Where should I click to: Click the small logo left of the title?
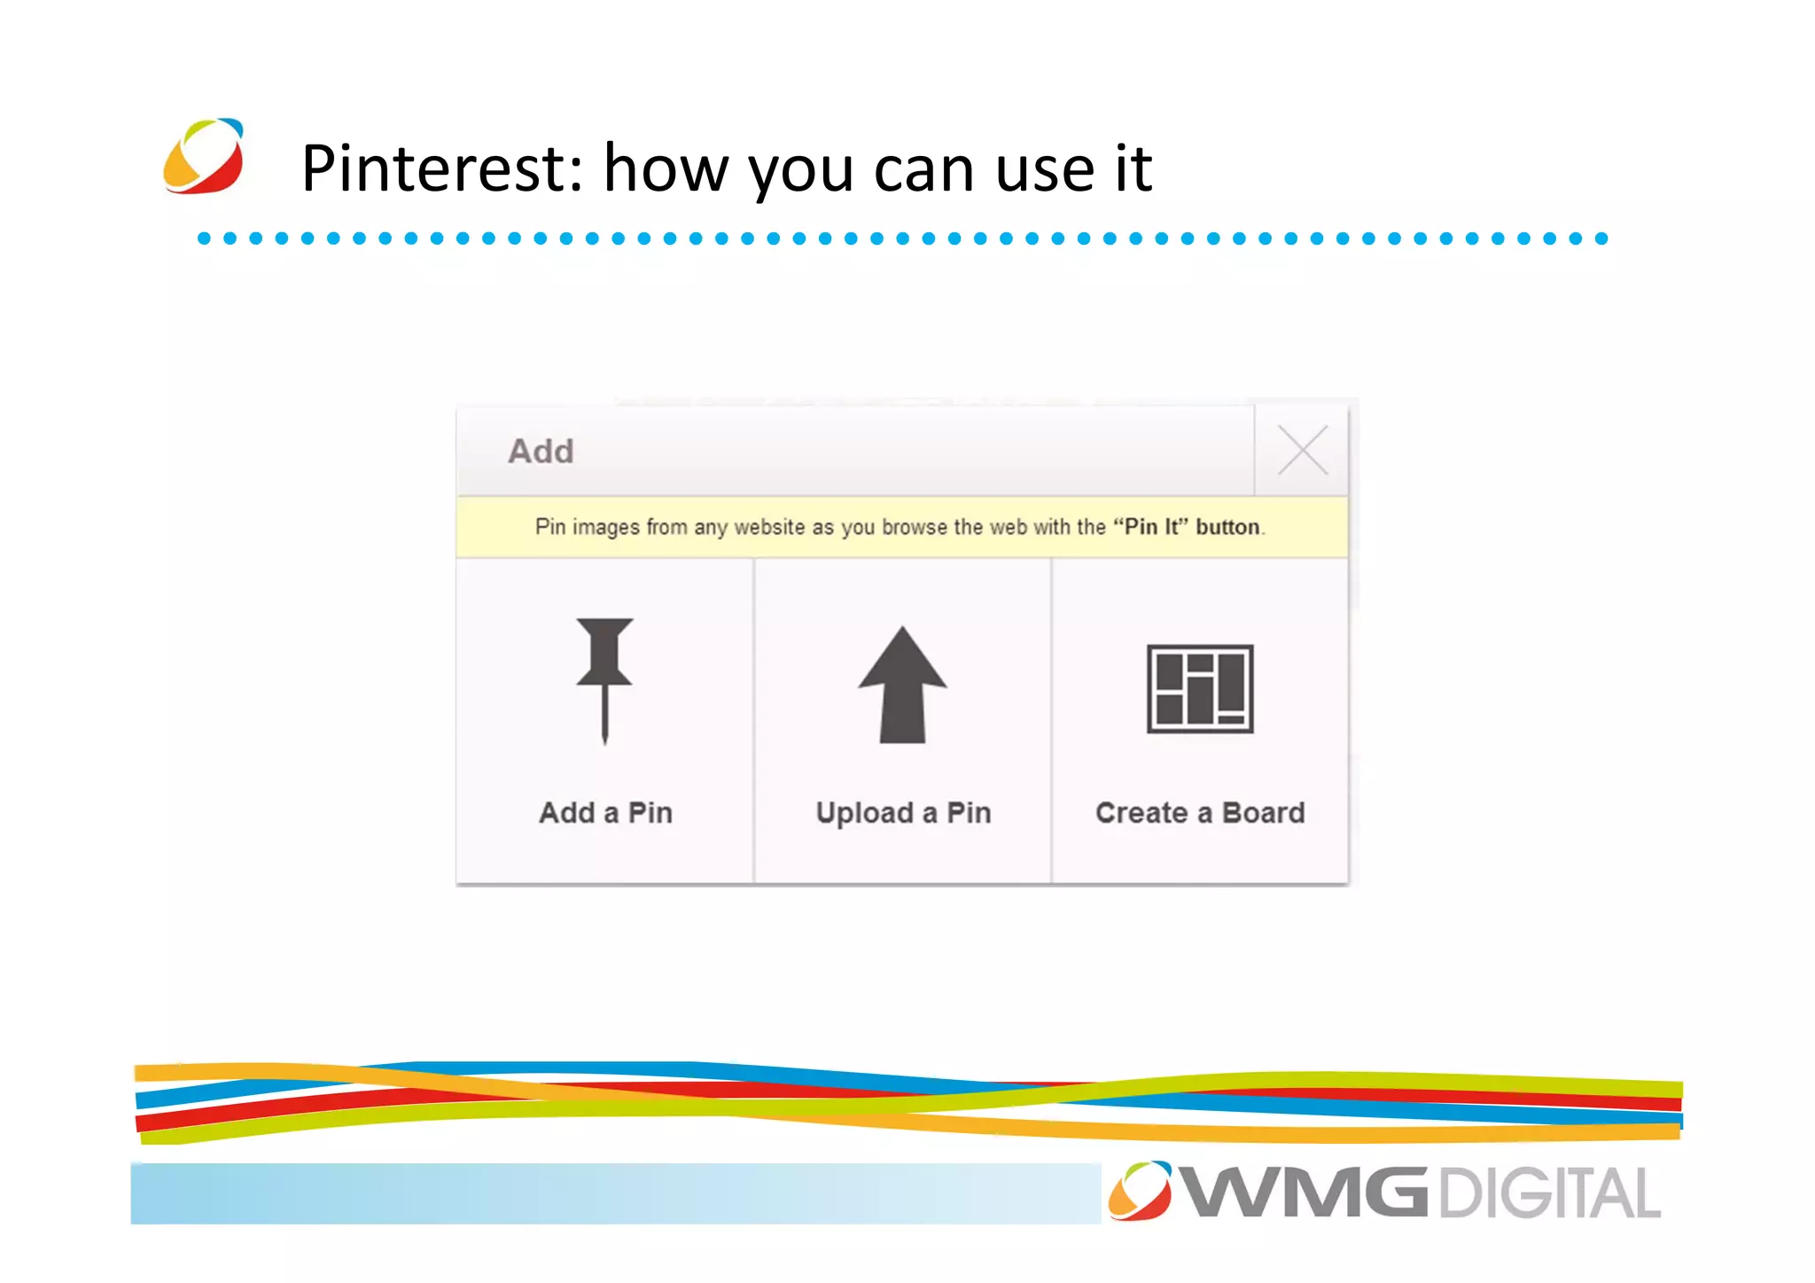204,156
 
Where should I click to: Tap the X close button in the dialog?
1302,450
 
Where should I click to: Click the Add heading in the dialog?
541,451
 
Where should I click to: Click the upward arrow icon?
902,685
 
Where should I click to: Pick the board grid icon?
1200,689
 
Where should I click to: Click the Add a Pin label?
605,812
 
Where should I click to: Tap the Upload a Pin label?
903,812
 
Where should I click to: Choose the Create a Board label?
1200,812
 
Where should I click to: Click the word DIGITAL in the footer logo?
1549,1193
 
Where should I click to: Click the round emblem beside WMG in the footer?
1140,1191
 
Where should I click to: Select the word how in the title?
666,168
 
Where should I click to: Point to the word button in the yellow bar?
1227,527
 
